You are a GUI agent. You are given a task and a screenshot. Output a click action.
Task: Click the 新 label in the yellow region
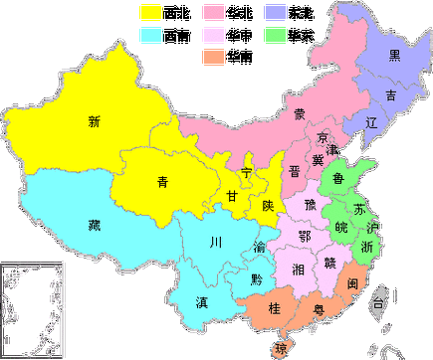point(95,122)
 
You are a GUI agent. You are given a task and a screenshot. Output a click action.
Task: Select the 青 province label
point(162,181)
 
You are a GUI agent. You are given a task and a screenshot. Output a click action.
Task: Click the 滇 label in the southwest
point(202,301)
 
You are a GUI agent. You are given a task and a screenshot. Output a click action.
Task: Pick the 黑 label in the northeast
point(394,55)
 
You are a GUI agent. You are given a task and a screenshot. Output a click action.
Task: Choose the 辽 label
point(371,124)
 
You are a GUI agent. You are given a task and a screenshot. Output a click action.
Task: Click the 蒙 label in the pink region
point(300,113)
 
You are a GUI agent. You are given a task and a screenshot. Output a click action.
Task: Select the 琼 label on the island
point(281,348)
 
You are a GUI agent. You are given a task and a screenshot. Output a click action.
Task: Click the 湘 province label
point(298,270)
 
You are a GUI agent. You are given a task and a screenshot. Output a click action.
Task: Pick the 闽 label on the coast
point(353,283)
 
